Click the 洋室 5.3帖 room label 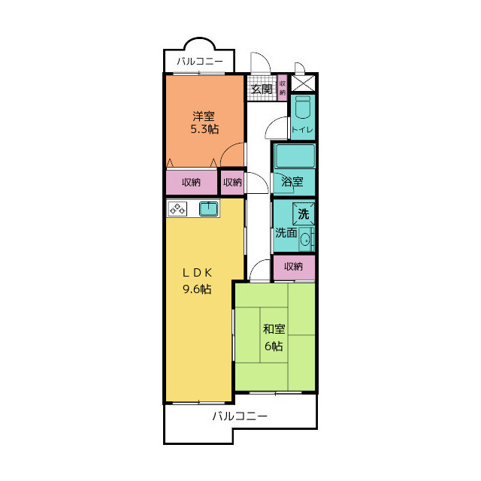(204, 123)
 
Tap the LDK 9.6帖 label (197, 281)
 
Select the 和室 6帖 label (274, 337)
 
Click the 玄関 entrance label (262, 89)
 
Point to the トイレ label (302, 130)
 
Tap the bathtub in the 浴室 (295, 156)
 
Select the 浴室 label (292, 182)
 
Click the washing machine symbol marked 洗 (304, 213)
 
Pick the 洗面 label (286, 233)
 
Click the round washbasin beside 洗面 (306, 240)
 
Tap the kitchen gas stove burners (177, 209)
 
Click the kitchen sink (209, 209)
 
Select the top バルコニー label (200, 62)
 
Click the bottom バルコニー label (240, 416)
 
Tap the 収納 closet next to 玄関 (283, 88)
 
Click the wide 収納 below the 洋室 (192, 182)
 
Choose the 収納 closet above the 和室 (294, 267)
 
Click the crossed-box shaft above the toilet (303, 83)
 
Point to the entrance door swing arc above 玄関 (265, 58)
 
